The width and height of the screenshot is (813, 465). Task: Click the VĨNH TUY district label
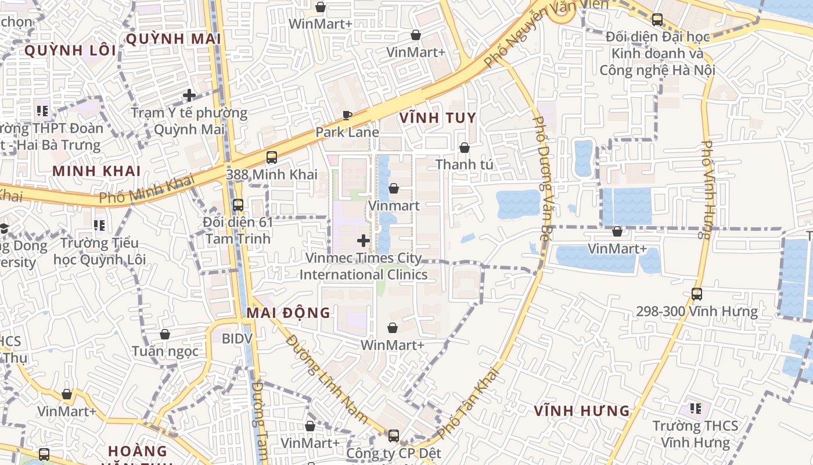point(438,118)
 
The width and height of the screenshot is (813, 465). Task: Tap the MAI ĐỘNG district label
point(289,313)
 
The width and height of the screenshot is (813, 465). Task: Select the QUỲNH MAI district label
point(173,39)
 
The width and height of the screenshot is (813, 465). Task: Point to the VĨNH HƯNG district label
point(582,411)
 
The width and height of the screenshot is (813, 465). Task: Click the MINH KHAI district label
point(96,171)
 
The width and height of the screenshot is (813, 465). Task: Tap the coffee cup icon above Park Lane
point(347,115)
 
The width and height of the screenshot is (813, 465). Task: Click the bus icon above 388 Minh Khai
point(271,157)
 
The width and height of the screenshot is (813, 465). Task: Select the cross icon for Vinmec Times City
point(364,241)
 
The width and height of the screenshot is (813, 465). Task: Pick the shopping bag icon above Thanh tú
point(464,148)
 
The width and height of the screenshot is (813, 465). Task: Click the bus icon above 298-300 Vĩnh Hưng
point(697,294)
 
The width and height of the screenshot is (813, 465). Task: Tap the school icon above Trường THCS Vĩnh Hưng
point(695,409)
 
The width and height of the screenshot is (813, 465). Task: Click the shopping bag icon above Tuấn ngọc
point(165,334)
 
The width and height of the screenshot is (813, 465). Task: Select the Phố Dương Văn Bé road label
point(541,178)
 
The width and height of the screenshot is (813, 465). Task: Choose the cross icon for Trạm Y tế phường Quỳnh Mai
point(189,95)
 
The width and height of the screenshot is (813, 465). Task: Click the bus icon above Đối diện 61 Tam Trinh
point(238,205)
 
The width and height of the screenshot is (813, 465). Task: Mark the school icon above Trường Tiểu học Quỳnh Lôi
point(99,225)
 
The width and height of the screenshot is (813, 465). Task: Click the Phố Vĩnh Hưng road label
point(707,190)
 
